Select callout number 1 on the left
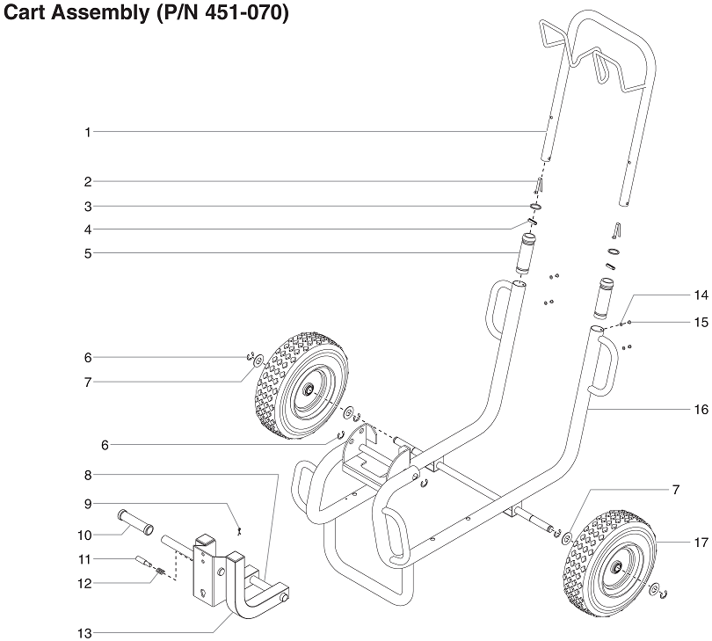point(88,132)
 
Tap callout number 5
point(88,253)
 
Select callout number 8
point(88,475)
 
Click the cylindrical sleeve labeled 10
point(134,523)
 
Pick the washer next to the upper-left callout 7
point(258,361)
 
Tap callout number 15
point(701,323)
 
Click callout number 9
point(88,504)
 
